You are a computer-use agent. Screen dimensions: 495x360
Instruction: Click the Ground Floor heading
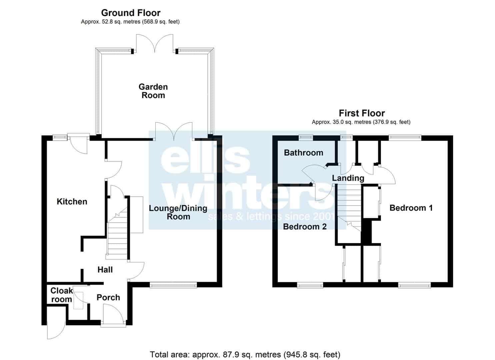[x=131, y=13]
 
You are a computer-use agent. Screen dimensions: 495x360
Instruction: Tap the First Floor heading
[x=362, y=113]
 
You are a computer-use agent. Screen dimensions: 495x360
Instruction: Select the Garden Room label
[x=153, y=91]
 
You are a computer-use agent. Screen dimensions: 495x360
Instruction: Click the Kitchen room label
[x=72, y=201]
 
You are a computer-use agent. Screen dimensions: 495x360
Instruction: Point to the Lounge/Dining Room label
[x=178, y=212]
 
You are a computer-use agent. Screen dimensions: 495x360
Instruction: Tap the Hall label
[x=105, y=269]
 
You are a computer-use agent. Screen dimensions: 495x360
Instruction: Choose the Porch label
[x=108, y=297]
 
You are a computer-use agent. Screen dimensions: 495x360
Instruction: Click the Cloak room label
[x=61, y=295]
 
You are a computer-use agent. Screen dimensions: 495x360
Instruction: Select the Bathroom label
[x=304, y=152]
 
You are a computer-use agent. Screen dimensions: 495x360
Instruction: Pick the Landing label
[x=348, y=178]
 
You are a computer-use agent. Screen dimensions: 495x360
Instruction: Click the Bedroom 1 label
[x=411, y=208]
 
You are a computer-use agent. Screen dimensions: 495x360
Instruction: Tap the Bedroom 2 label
[x=305, y=227]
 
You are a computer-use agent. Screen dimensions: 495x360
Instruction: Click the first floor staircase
[x=349, y=208]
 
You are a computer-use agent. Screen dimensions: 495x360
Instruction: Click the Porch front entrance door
[x=113, y=314]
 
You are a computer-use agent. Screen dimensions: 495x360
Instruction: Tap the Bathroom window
[x=306, y=138]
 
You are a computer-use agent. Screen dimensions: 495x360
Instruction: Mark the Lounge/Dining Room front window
[x=173, y=285]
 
